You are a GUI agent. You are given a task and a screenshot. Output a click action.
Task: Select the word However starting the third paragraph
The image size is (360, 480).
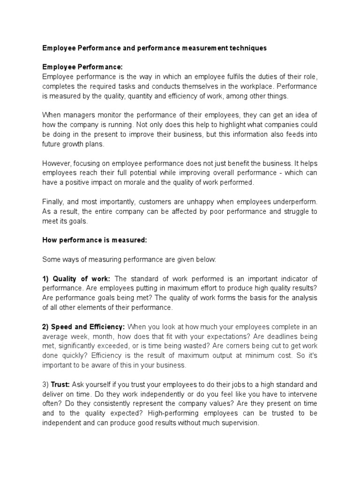click(57, 164)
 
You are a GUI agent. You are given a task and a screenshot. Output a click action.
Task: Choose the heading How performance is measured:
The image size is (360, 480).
click(95, 240)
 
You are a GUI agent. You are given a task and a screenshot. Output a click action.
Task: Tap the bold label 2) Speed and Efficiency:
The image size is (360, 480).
click(83, 327)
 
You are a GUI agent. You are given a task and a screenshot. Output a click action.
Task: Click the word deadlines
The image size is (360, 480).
click(277, 337)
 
